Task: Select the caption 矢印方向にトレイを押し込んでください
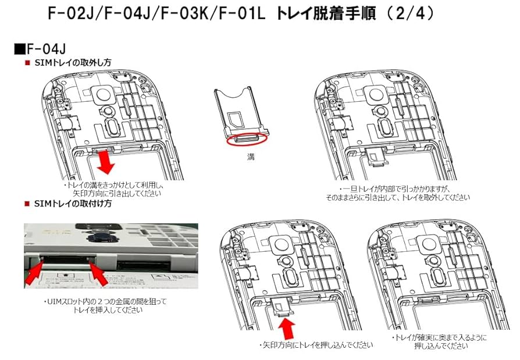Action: point(315,345)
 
